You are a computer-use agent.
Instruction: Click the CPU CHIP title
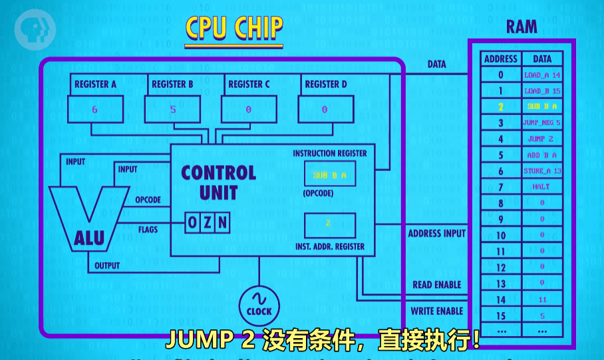click(x=233, y=29)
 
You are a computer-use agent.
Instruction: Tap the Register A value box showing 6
click(x=95, y=109)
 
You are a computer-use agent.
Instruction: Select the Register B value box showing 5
click(x=172, y=109)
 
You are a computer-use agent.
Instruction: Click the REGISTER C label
click(x=249, y=85)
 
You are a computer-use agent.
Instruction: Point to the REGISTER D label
click(x=325, y=85)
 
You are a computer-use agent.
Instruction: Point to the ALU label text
click(x=89, y=238)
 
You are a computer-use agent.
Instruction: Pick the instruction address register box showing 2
click(x=329, y=225)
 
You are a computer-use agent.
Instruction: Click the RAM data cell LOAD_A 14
click(x=542, y=75)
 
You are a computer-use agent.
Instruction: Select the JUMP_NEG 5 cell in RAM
click(x=542, y=123)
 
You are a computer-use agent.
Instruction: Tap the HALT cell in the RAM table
click(x=541, y=187)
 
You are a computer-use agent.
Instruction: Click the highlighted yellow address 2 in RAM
click(x=501, y=106)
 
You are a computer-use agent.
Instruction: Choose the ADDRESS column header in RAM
click(x=501, y=59)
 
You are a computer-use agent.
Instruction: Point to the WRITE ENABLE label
click(x=436, y=311)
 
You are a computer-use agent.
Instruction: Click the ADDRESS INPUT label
click(x=436, y=234)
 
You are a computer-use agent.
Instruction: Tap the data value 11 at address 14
click(x=542, y=300)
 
